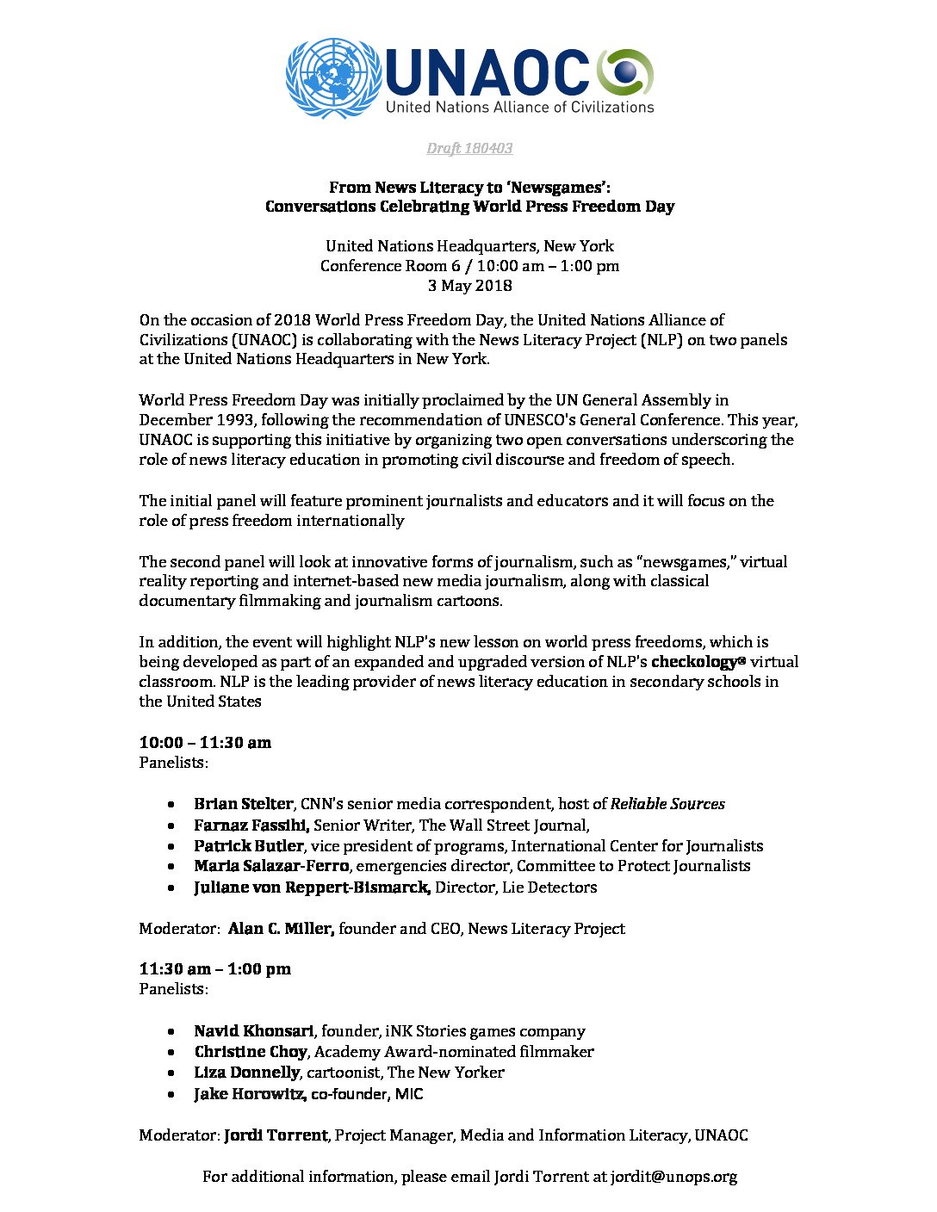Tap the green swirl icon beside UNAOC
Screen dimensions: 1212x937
[x=625, y=72]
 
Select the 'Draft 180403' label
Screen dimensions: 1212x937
[x=469, y=148]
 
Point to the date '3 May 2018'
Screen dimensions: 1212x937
[x=469, y=286]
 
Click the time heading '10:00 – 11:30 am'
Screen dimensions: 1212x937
[x=205, y=743]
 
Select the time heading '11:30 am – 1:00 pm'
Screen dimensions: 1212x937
[x=215, y=969]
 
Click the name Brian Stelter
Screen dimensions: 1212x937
[x=243, y=804]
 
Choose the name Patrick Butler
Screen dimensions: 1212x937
[x=248, y=846]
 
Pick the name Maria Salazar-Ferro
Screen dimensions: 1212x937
[x=271, y=866]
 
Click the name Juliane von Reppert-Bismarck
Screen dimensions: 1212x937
[x=312, y=887]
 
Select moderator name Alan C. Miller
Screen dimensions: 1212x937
[x=281, y=929]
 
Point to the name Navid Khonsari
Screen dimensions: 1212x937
[x=254, y=1031]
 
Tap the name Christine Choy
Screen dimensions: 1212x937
[x=250, y=1052]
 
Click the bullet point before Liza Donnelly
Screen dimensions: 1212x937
[x=173, y=1073]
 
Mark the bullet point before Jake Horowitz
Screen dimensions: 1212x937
[x=173, y=1095]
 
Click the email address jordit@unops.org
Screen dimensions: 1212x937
[x=673, y=1177]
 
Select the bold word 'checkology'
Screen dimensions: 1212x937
[x=694, y=662]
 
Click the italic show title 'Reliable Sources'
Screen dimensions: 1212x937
[x=667, y=804]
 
